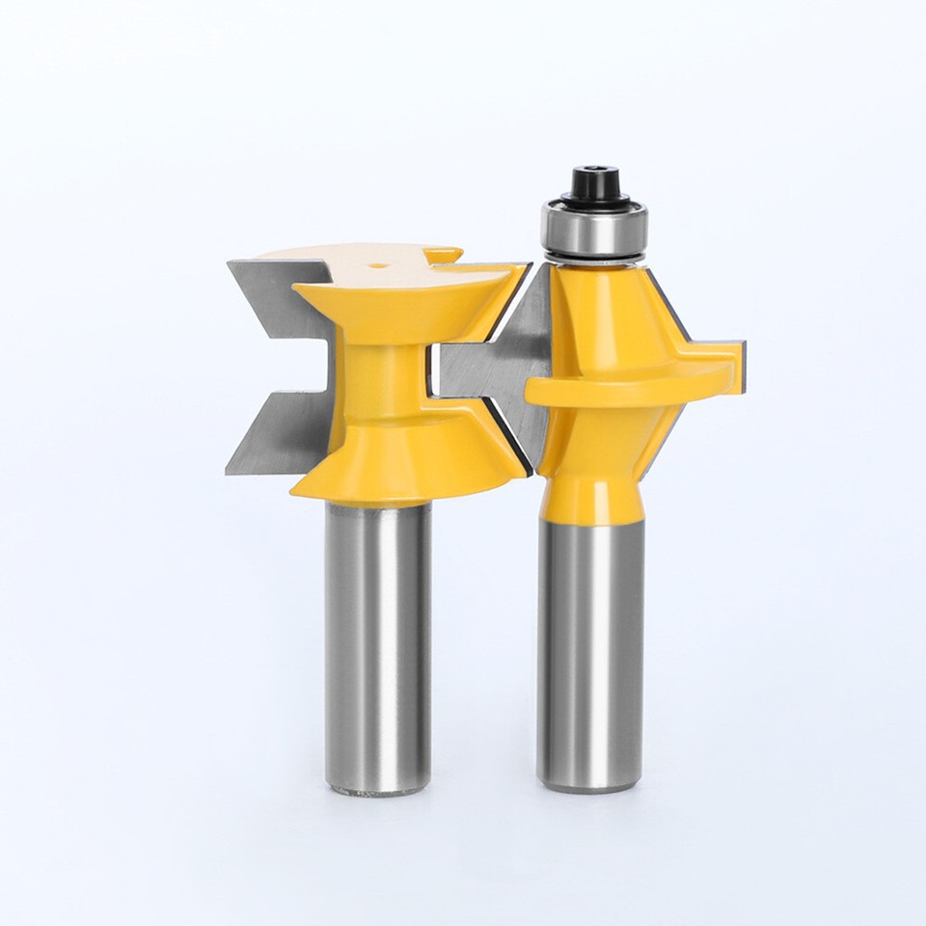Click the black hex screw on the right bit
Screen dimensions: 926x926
tap(588, 183)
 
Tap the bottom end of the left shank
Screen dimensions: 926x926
tap(377, 789)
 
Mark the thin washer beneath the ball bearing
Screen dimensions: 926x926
tap(590, 258)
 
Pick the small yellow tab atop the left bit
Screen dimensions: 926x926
tap(444, 256)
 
